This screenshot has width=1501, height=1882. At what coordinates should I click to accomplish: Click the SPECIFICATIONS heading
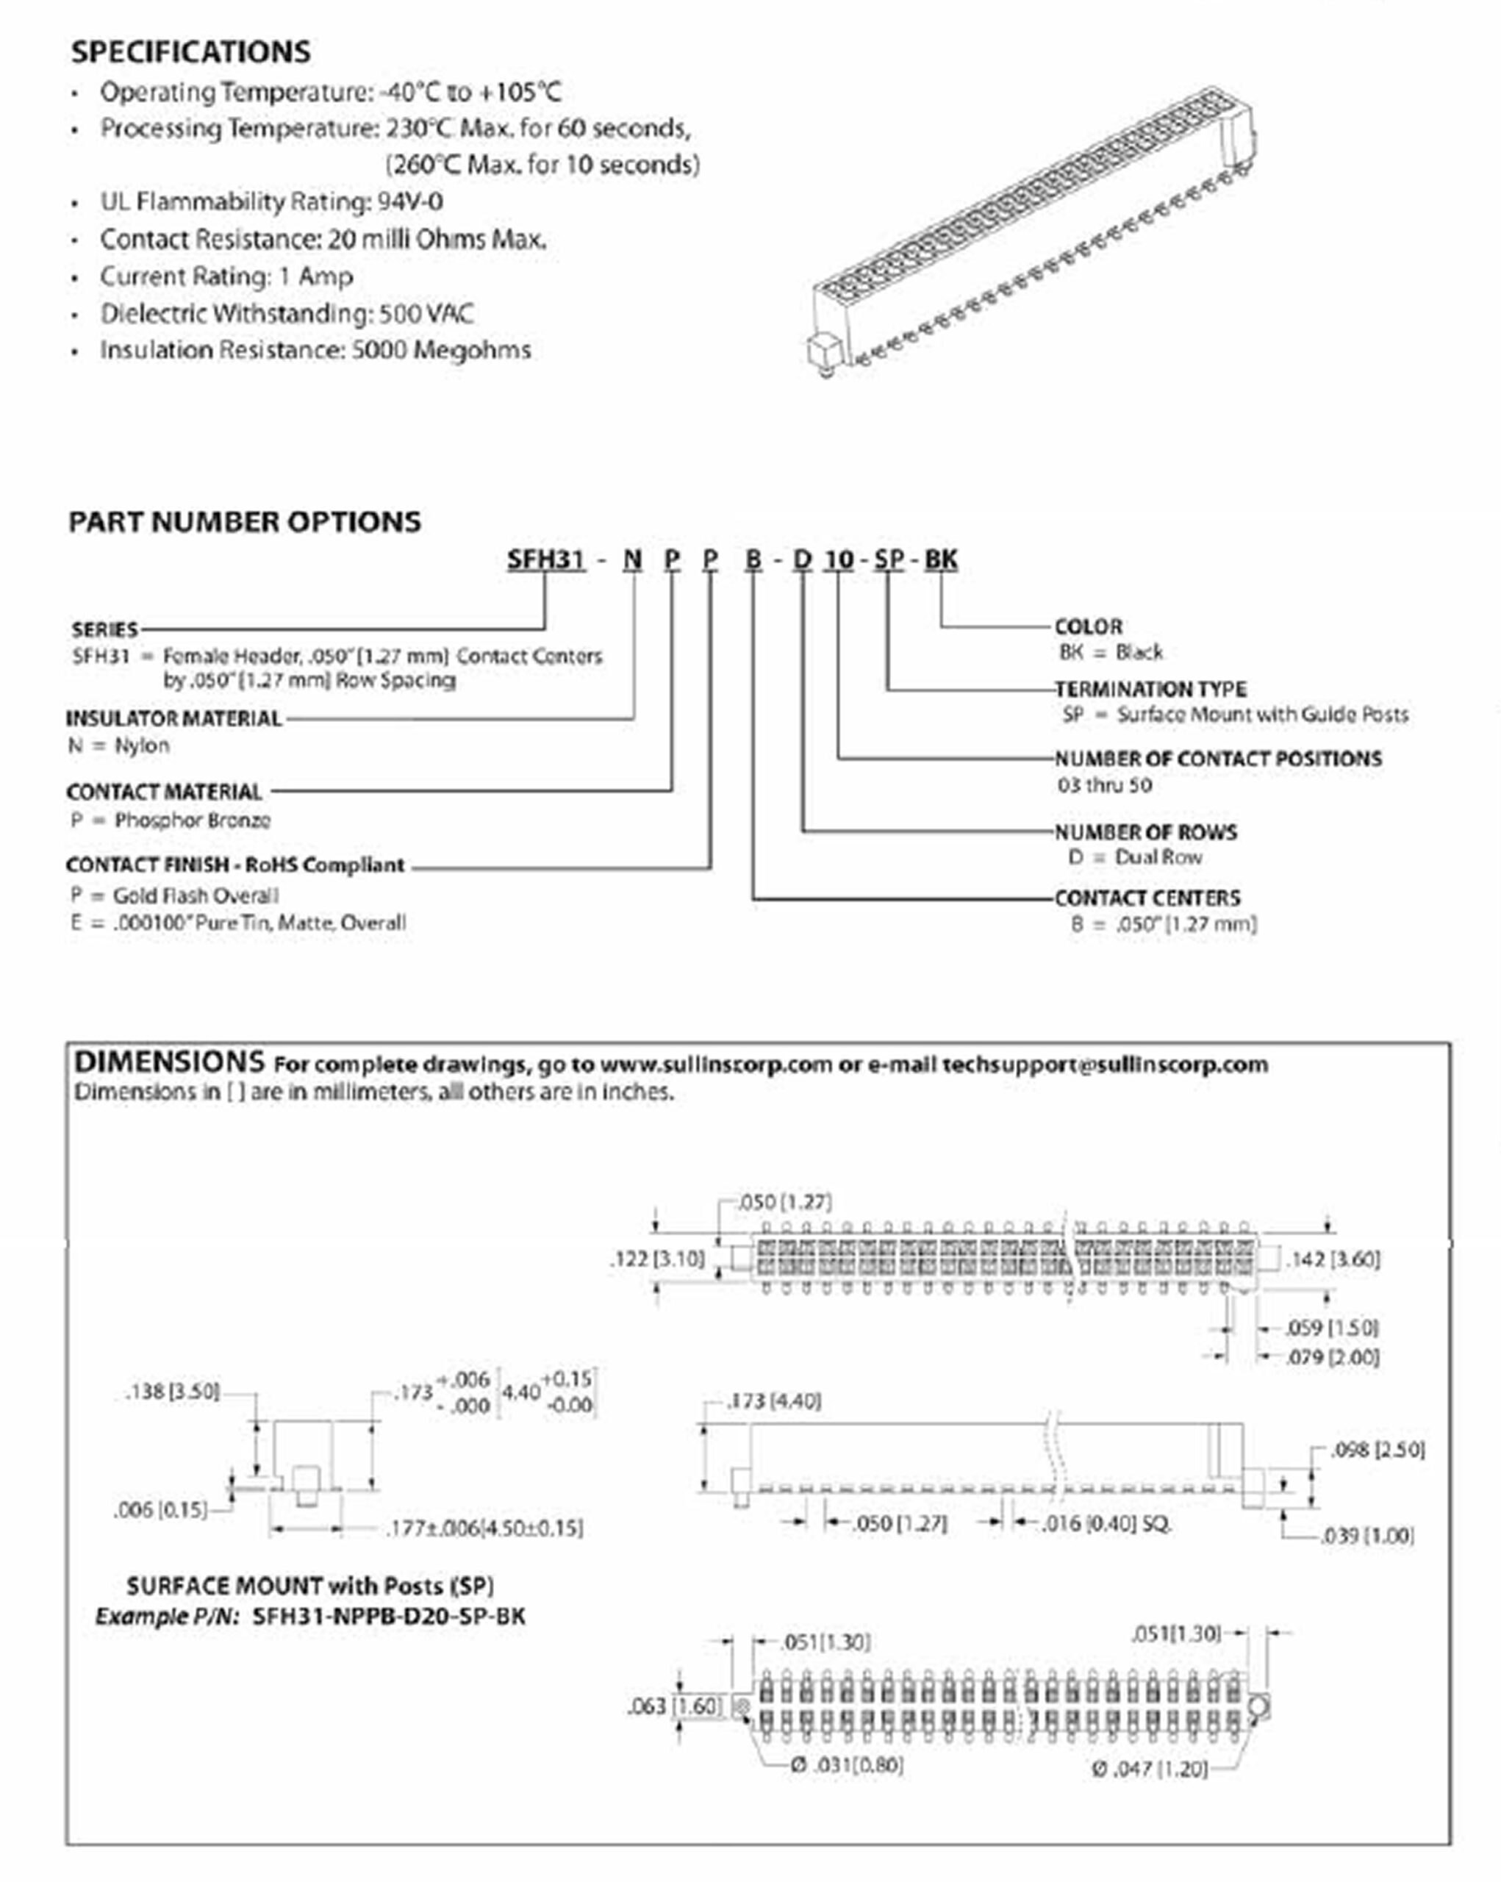[x=190, y=52]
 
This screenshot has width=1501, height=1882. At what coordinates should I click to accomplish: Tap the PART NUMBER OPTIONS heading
[x=244, y=522]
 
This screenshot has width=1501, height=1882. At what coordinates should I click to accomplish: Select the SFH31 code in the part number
[x=545, y=559]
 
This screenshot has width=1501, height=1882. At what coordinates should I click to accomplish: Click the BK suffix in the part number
[x=941, y=559]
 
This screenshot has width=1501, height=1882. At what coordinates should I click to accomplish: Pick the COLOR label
[x=1088, y=627]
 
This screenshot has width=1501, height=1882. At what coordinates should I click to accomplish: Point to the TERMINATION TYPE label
[x=1150, y=689]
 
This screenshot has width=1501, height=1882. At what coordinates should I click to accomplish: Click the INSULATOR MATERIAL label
[x=173, y=718]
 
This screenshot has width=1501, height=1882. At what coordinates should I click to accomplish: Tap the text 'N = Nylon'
[x=118, y=745]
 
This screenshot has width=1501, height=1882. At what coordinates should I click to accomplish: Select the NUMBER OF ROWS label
[x=1145, y=832]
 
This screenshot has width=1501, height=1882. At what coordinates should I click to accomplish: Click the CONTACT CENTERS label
[x=1147, y=898]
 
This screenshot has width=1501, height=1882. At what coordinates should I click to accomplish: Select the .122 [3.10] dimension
[x=656, y=1259]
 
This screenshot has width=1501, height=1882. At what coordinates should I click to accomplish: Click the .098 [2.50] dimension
[x=1377, y=1450]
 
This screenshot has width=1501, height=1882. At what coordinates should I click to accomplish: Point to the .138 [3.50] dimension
[x=172, y=1392]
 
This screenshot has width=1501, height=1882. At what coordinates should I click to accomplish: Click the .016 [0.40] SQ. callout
[x=1106, y=1523]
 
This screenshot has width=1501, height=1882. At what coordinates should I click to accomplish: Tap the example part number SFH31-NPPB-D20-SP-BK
[x=388, y=1617]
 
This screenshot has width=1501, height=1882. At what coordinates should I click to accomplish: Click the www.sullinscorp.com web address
[x=716, y=1065]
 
